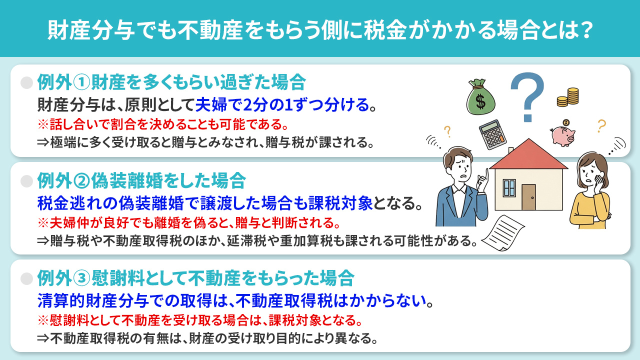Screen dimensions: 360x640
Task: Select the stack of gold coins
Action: tap(567, 97)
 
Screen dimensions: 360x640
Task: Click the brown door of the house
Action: tap(528, 197)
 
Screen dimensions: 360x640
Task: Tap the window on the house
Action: tap(509, 188)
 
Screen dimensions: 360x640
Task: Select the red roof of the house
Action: tap(528, 154)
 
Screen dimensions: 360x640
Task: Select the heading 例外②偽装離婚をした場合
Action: tap(141, 179)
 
